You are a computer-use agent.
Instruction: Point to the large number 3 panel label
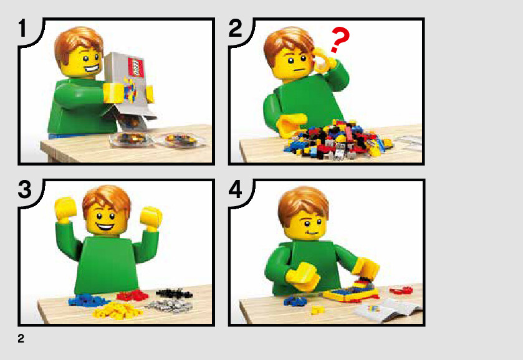[25, 189]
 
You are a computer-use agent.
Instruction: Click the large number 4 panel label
[236, 189]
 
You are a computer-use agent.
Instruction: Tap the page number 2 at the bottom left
[21, 338]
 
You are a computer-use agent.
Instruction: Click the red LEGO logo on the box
[136, 67]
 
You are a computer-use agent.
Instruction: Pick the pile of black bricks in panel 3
[174, 293]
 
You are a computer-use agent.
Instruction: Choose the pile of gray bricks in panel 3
[169, 305]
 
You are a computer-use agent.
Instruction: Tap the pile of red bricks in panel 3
[132, 295]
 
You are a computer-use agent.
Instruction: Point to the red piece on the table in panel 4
[401, 290]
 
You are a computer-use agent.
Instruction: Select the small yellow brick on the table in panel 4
[317, 310]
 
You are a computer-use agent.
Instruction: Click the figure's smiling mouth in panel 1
[92, 70]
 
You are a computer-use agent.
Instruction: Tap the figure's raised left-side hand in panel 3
[65, 209]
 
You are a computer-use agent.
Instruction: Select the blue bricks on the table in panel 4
[295, 301]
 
